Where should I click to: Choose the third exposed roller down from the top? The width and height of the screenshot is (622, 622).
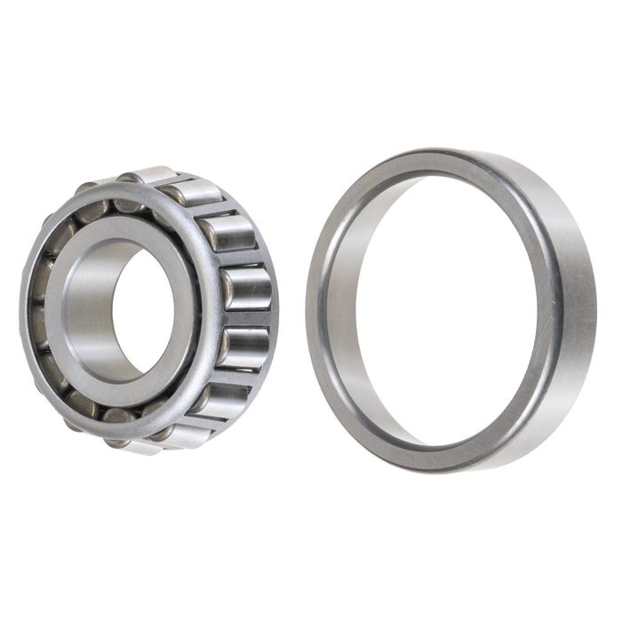(227, 233)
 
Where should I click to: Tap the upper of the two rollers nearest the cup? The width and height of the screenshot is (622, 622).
(245, 289)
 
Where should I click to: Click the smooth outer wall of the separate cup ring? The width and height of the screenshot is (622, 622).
(569, 293)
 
